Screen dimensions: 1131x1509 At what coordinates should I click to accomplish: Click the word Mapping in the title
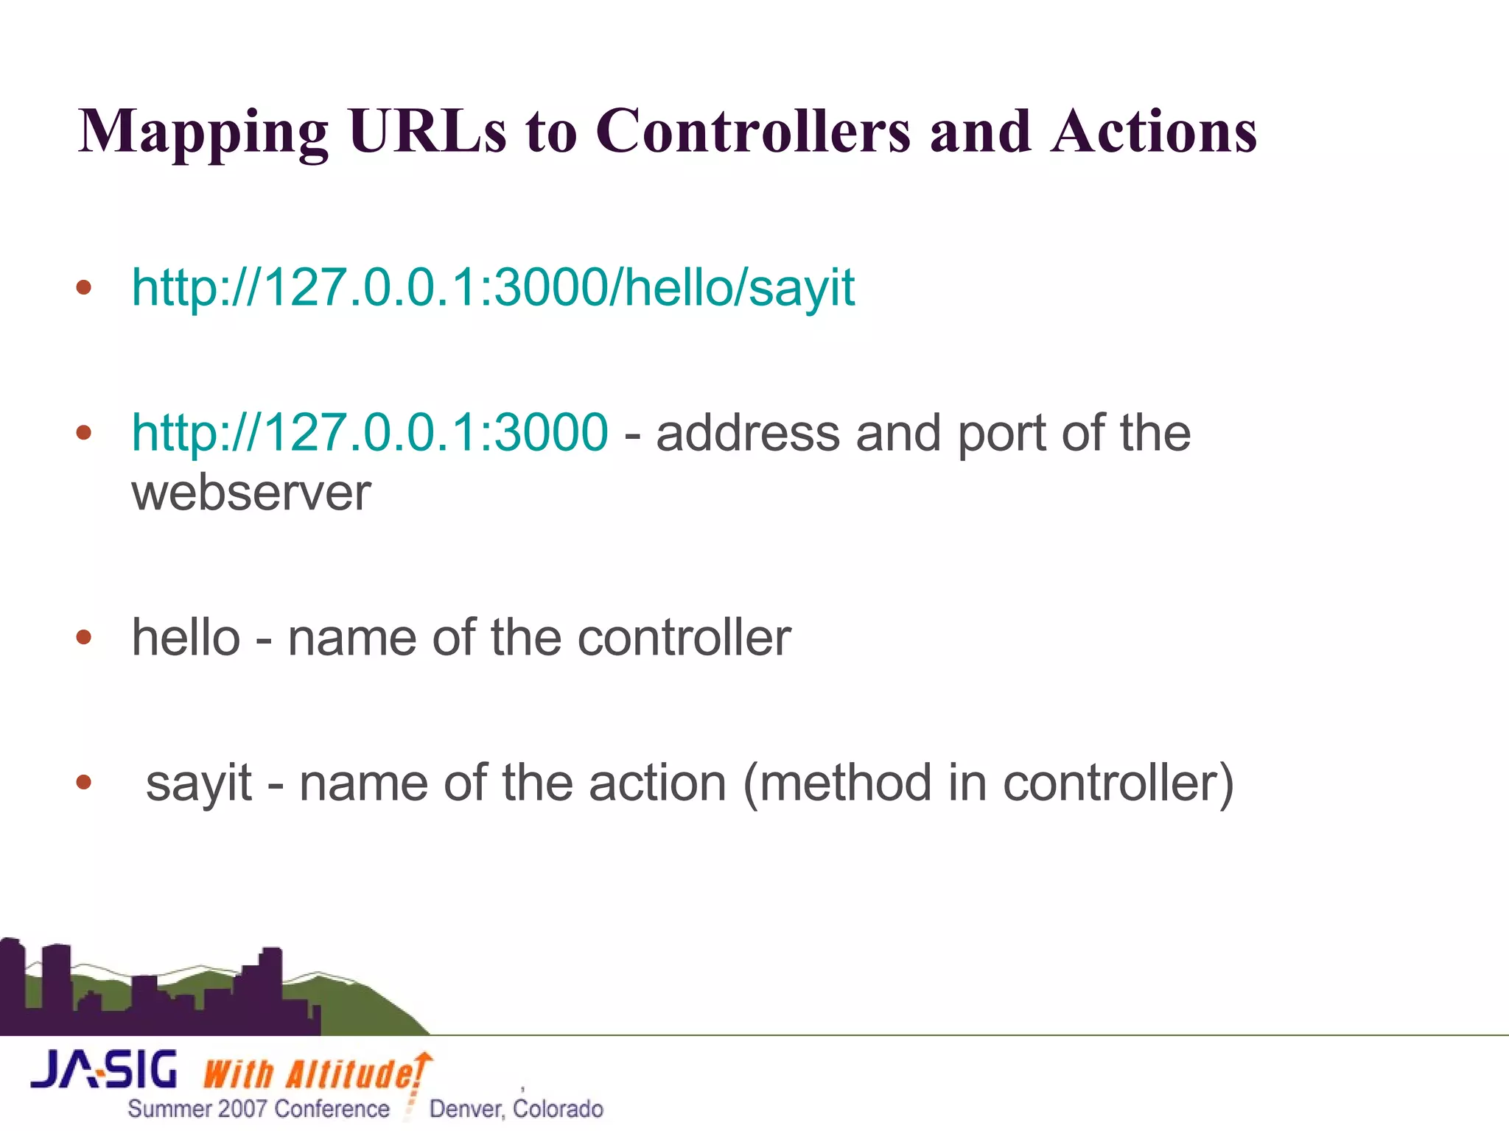203,133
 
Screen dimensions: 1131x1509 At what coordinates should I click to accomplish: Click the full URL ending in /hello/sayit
493,286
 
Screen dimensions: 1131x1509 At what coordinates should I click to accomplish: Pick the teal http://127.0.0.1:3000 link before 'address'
370,432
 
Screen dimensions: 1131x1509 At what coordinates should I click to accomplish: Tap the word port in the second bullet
1001,434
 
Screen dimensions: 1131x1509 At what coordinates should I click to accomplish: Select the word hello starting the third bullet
186,637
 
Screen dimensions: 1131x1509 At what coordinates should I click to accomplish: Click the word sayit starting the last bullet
199,783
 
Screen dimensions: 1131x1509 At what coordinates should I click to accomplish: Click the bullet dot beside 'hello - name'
84,636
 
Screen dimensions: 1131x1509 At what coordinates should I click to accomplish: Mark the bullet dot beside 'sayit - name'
84,782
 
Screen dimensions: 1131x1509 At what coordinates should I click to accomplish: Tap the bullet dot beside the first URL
84,286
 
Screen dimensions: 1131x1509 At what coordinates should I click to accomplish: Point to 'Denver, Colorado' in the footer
516,1109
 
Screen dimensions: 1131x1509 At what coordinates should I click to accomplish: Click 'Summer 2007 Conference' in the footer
259,1109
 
